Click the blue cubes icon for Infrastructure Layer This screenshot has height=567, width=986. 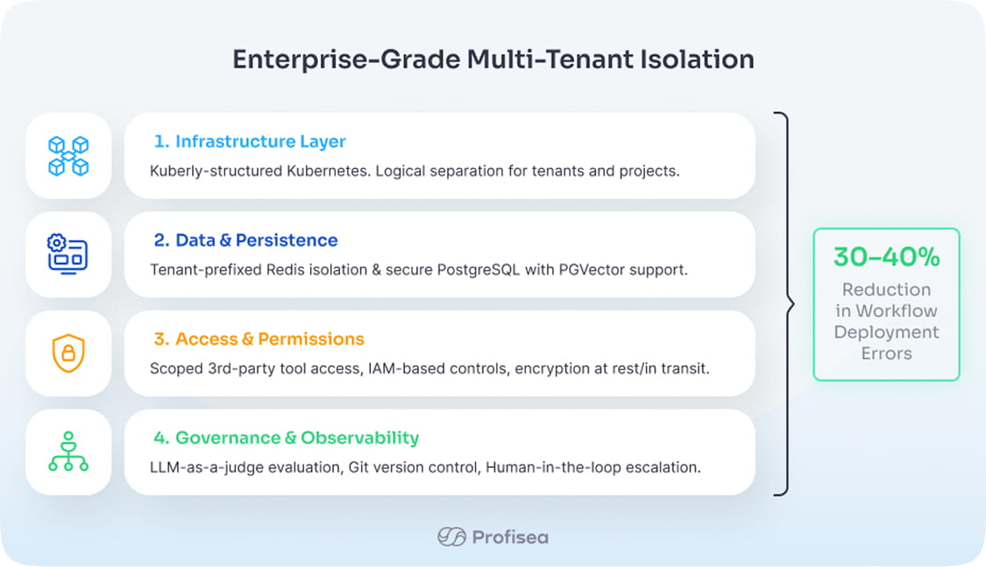[68, 156]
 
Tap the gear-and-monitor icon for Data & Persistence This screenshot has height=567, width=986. [68, 254]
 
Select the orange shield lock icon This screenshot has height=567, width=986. [68, 353]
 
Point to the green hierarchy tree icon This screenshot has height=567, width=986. [68, 452]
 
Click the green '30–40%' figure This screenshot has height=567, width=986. [886, 257]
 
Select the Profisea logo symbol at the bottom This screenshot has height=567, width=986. [451, 536]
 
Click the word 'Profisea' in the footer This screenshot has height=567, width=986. [510, 536]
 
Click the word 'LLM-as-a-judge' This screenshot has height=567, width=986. [199, 467]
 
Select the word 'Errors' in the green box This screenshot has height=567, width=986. [886, 354]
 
